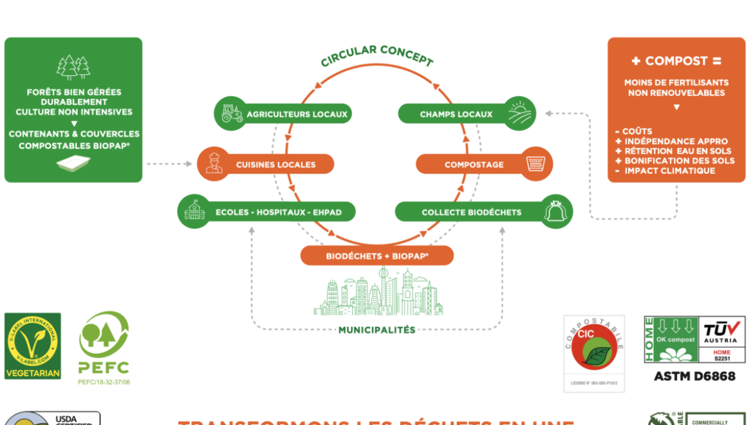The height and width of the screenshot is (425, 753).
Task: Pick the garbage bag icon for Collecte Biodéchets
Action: point(556,211)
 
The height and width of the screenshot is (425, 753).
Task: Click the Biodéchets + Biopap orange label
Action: point(377,256)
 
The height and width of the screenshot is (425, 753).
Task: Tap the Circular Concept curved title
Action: point(377,56)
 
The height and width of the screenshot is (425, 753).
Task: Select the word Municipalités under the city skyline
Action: point(377,330)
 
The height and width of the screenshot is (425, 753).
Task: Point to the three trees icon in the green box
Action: point(73,66)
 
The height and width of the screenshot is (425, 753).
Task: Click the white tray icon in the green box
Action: point(73,164)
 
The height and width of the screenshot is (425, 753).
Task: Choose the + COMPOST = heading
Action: point(676,61)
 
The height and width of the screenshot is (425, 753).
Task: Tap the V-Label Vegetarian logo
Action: point(33,345)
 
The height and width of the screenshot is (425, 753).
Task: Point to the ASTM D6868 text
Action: point(694,376)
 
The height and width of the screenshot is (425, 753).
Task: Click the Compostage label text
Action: point(474,164)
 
